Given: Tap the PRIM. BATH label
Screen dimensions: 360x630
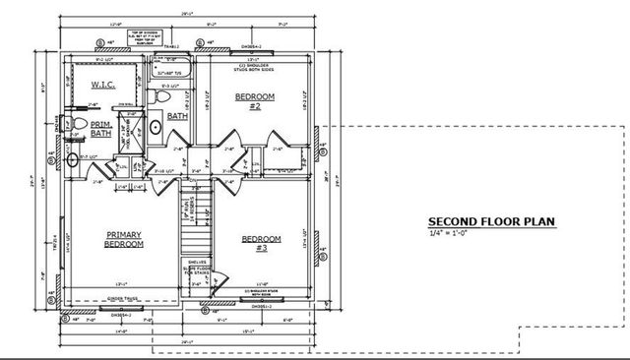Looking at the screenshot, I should coord(101,129).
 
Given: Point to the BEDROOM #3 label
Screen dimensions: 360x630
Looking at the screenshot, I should coord(261,243).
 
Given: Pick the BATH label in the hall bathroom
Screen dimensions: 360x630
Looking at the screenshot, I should coord(177,116).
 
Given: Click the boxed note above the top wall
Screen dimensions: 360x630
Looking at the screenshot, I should coord(145,37).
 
